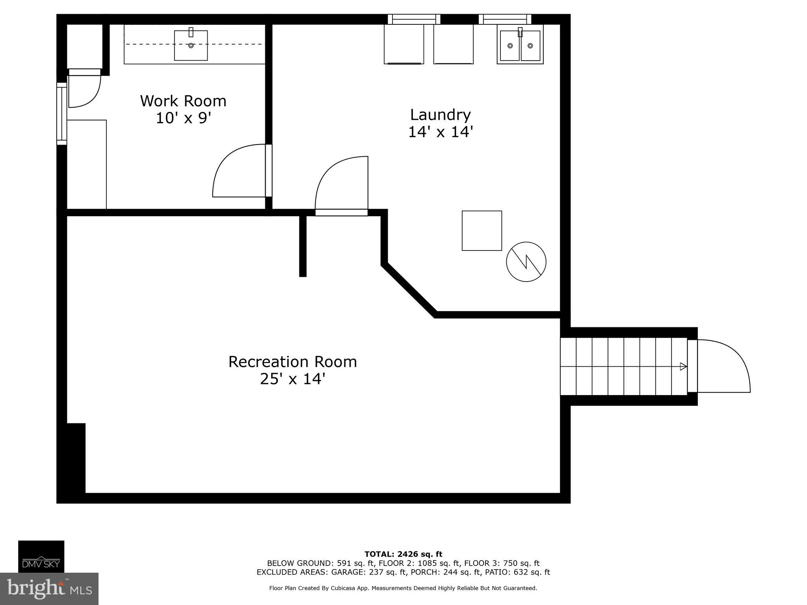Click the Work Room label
point(183,101)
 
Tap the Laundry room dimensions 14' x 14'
point(440,132)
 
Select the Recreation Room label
point(292,362)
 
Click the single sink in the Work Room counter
point(191,45)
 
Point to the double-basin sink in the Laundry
point(520,46)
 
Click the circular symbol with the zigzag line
point(526,262)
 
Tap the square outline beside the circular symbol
point(482,230)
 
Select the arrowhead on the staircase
point(683,366)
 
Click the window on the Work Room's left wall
point(61,113)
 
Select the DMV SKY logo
point(41,556)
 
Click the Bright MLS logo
point(49,588)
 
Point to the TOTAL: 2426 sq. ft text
point(403,554)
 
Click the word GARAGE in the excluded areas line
point(346,572)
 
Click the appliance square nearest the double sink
point(453,44)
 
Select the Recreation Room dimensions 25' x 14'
point(292,379)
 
